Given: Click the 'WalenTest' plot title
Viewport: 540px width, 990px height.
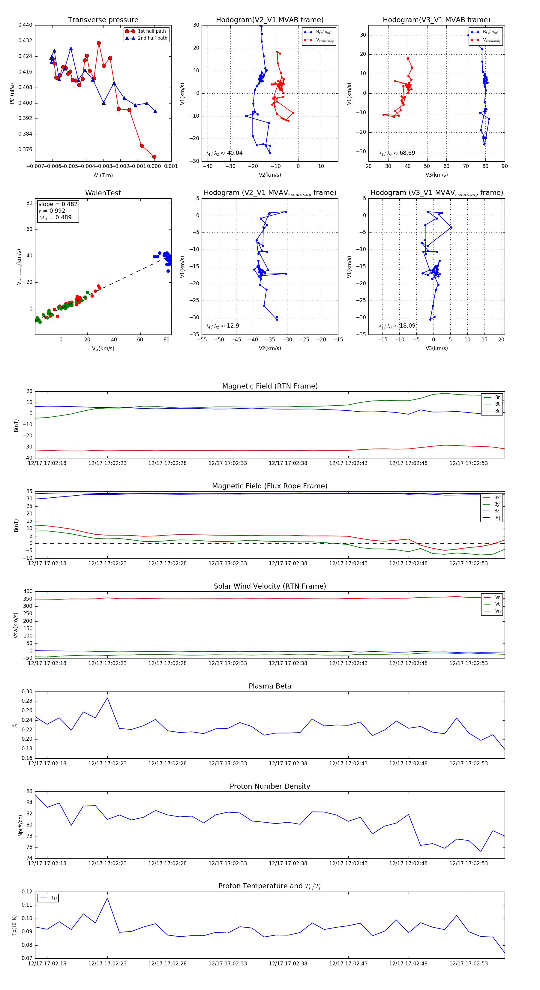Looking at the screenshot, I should pyautogui.click(x=103, y=193).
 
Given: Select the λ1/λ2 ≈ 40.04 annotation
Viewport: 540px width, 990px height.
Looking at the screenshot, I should pyautogui.click(x=224, y=153).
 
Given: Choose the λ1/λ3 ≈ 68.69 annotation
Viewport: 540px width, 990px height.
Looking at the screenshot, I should pyautogui.click(x=397, y=153).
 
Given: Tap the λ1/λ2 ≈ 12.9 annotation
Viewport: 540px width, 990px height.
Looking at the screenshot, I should pyautogui.click(x=222, y=326).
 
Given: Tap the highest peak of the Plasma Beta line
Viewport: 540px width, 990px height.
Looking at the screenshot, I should pyautogui.click(x=107, y=698).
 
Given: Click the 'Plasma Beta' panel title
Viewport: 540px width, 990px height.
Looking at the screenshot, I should pyautogui.click(x=270, y=686).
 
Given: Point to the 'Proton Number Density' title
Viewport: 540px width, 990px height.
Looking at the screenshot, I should pyautogui.click(x=270, y=786).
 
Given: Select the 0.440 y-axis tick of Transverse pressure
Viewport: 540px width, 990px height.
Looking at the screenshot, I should pyautogui.click(x=25, y=25).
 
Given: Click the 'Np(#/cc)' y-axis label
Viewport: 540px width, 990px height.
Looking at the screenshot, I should pyautogui.click(x=20, y=825).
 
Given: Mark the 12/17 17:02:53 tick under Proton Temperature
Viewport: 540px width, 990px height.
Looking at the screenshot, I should pyautogui.click(x=469, y=964).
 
